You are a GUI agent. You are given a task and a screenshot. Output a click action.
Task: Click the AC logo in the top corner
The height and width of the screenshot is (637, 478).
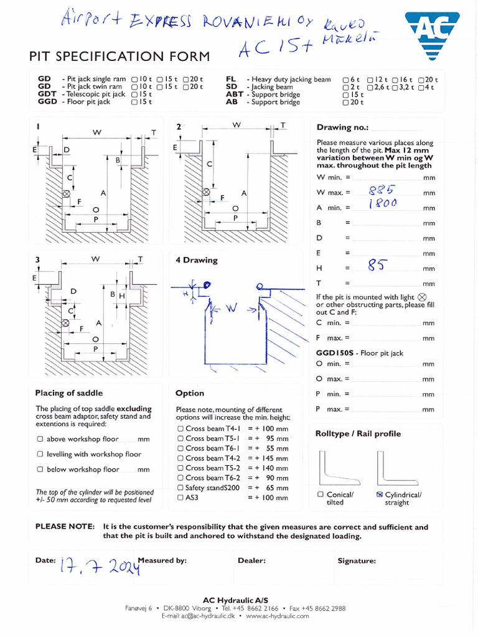coord(433,32)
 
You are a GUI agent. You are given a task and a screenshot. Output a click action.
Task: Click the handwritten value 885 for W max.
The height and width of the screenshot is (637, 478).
coord(381,190)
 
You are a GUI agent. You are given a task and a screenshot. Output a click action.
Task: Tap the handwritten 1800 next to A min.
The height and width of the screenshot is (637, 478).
coord(382,204)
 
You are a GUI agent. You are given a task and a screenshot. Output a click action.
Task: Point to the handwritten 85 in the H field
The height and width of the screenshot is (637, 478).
coord(377,266)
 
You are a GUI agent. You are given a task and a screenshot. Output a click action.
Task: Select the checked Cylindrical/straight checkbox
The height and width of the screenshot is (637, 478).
coord(379,495)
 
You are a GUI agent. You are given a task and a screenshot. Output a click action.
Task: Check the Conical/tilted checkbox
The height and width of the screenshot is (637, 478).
coord(321,495)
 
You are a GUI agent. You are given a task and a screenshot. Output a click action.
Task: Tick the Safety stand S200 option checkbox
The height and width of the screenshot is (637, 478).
coord(180,488)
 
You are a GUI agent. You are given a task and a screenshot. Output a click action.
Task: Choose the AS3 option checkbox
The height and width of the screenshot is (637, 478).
coord(180,498)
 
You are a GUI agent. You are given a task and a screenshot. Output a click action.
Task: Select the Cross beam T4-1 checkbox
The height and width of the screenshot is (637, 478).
coord(180,429)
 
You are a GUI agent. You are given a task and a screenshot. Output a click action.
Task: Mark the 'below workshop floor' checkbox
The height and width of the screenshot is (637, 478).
coord(40,470)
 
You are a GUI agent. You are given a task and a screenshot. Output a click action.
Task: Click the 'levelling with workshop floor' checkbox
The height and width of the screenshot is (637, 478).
coord(40,454)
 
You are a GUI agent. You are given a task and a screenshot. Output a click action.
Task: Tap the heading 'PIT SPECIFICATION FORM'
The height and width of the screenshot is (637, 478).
coord(119,57)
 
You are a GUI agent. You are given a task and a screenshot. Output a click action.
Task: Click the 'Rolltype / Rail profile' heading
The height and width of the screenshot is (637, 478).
coord(358,434)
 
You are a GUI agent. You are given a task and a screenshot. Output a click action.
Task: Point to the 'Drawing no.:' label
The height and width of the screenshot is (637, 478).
coord(342,128)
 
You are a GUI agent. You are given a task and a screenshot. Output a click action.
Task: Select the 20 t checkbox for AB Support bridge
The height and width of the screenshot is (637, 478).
coord(345,103)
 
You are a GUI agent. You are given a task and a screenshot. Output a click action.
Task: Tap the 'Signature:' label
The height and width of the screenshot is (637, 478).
coord(357,560)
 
